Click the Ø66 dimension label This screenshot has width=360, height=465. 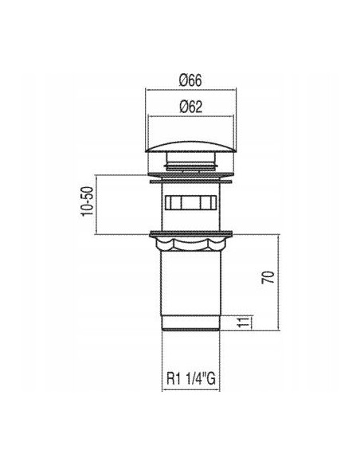pos(190,80)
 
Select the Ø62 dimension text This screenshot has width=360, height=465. pos(190,107)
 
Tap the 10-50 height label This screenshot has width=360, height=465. pos(88,201)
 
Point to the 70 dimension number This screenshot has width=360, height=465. pos(268,277)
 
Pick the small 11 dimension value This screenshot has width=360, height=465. pos(244,322)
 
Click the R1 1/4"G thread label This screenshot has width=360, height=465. pos(190,378)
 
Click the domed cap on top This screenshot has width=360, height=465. pos(190,147)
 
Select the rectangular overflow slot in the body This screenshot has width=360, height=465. pos(190,203)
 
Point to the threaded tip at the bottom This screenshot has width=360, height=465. pos(190,323)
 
